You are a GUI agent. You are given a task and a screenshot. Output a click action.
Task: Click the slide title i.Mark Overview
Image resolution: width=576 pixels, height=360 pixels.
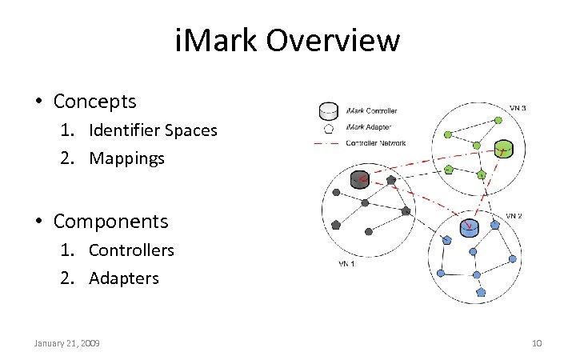(287, 40)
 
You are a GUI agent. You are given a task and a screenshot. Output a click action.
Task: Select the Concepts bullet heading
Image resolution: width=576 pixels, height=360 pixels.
(94, 102)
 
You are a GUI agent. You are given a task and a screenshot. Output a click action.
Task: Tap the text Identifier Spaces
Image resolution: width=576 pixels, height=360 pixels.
(153, 130)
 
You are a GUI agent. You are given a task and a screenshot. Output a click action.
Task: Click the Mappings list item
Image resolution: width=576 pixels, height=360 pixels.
(126, 158)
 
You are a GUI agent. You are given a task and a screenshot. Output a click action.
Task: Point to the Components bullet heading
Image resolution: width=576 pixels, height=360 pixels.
(110, 221)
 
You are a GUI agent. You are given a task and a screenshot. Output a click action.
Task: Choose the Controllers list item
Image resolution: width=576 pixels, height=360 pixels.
(131, 250)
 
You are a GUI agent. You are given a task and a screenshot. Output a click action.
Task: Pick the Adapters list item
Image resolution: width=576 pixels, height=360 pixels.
(124, 278)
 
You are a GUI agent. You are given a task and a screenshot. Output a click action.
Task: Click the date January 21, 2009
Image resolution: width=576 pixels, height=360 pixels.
(66, 343)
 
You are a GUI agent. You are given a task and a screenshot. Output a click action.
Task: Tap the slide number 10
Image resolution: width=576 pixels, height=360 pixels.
(537, 343)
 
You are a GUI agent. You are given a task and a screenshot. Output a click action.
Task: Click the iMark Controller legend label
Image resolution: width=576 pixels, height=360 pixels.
(371, 110)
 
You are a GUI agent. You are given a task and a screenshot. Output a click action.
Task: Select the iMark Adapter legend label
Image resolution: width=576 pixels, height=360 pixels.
(368, 126)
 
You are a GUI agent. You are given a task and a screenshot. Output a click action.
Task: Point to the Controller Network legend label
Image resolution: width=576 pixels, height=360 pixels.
(375, 143)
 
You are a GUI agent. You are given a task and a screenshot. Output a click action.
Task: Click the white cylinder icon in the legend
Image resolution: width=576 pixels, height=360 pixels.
(326, 110)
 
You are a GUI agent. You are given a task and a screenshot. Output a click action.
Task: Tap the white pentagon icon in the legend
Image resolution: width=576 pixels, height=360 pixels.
(326, 127)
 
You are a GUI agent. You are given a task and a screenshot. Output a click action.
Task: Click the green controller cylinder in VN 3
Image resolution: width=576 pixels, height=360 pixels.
(502, 149)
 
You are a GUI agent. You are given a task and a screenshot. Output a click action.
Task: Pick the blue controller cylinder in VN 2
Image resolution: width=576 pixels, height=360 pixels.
(468, 228)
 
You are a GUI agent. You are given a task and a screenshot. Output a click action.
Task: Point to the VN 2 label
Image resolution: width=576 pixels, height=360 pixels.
(514, 215)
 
